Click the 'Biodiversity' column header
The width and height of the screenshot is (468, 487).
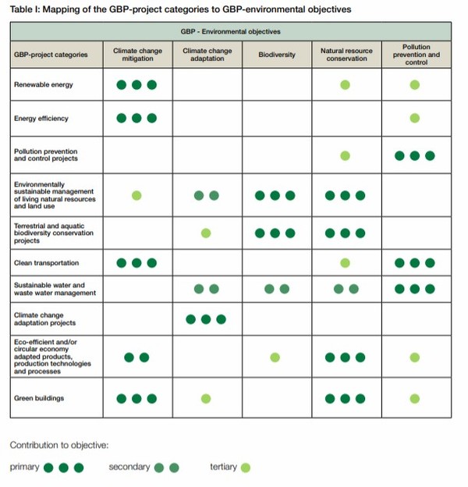pos(277,55)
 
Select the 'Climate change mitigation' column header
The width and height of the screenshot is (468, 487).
pos(137,55)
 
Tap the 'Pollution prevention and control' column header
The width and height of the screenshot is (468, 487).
pos(416,55)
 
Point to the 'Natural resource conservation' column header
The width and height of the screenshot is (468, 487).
pos(346,55)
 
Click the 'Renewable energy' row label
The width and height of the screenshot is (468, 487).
pos(44,84)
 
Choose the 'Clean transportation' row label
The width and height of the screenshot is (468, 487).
pos(47,263)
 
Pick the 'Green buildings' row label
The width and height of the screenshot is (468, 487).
pos(39,398)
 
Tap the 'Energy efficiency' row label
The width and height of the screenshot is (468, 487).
pos(41,119)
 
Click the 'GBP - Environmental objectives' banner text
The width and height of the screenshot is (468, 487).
pos(230,32)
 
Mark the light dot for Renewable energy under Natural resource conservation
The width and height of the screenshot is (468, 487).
pos(345,84)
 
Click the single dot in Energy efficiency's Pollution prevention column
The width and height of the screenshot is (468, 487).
pos(415,118)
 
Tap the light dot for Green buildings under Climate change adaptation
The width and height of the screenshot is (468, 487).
pos(206,398)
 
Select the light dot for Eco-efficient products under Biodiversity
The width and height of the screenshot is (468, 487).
pos(275,357)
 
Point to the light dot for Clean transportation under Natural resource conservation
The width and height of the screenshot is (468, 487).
pos(345,263)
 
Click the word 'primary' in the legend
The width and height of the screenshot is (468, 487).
pos(24,467)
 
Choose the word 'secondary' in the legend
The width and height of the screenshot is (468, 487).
pos(129,467)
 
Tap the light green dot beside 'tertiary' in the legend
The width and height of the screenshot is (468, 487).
pos(246,467)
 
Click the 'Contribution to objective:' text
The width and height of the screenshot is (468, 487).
pos(59,444)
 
